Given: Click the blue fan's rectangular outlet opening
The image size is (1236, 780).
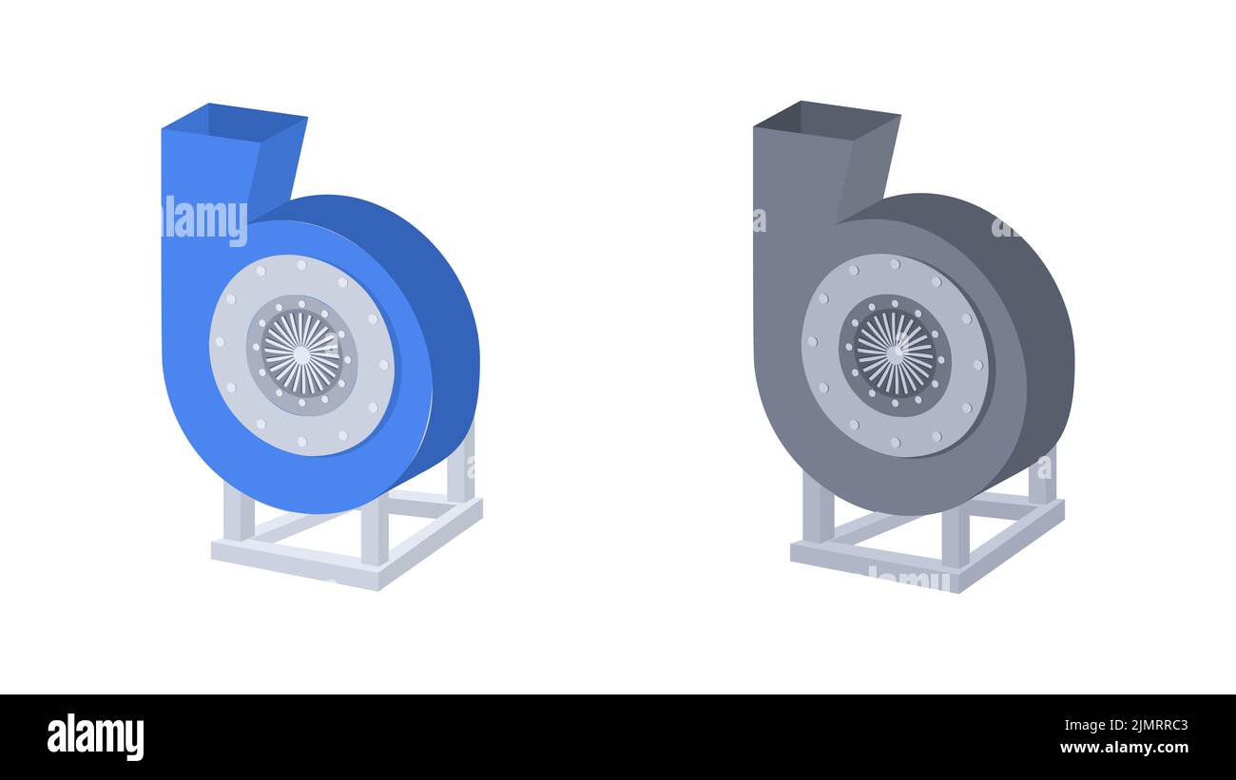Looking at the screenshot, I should click(235, 123).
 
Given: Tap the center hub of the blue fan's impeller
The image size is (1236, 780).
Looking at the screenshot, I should click(301, 354).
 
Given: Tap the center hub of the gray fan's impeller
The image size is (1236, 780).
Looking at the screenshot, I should click(895, 354).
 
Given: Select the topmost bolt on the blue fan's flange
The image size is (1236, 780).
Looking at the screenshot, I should click(301, 265).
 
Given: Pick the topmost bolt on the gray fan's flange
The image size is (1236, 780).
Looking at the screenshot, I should click(894, 264).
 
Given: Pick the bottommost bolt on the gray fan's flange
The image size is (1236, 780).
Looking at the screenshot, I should click(895, 443).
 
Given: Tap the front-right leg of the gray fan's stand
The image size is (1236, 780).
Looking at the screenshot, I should click(955, 536).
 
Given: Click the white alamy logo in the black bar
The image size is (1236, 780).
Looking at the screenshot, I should click(95, 737).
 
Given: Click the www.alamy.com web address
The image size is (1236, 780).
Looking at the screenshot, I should click(1125, 748).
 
